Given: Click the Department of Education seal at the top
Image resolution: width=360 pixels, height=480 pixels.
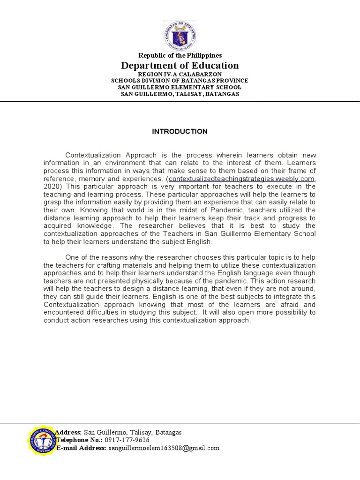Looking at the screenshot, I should [180, 36].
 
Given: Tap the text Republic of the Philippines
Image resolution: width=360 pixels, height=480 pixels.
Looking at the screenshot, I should [180, 56].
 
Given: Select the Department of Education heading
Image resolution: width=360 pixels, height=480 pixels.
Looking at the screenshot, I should [180, 66].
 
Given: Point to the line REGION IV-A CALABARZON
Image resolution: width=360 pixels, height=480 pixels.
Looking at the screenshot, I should [180, 74].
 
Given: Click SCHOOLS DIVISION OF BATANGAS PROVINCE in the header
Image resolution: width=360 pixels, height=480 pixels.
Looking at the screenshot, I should [180, 81].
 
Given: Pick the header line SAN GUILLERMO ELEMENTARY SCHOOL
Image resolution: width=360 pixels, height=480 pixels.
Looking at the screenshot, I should [180, 87].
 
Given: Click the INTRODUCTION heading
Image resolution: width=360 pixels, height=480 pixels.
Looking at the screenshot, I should [180, 132].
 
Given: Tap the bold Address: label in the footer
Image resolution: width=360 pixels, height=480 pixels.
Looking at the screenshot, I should [68, 432].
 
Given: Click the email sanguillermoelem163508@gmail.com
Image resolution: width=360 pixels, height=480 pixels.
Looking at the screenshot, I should [164, 448].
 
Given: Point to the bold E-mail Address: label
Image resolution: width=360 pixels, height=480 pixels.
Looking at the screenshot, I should [81, 448].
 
